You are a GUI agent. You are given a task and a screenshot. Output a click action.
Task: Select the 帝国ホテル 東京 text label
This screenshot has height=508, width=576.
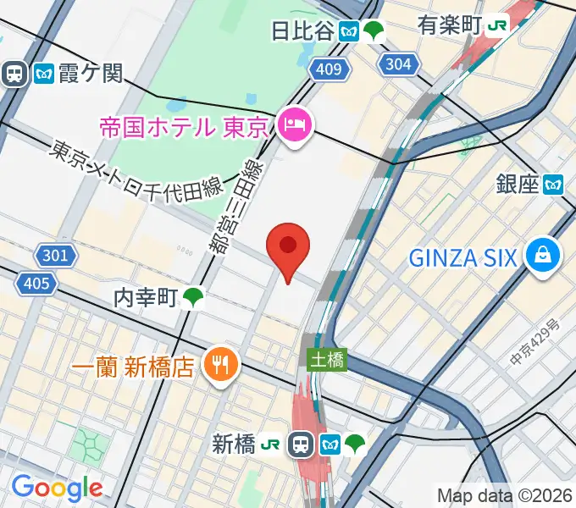184,128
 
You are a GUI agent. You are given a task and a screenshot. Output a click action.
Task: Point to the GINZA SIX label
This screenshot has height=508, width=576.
462,257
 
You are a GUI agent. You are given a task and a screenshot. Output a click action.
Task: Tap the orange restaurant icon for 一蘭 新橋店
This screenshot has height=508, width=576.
222,366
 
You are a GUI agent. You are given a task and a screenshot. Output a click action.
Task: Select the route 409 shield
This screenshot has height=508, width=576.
327,70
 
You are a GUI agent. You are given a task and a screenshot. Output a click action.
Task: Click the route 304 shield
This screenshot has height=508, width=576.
397,63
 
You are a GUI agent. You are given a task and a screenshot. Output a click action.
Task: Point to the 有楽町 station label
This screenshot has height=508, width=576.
449,25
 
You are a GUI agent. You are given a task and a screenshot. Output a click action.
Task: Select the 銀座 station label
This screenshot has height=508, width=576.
518,184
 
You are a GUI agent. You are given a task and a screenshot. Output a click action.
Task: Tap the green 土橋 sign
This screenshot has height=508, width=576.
326,361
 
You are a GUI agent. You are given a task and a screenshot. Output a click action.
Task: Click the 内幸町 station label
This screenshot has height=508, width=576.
145,297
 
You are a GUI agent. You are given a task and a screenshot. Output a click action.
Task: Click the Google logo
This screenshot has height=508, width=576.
58,488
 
